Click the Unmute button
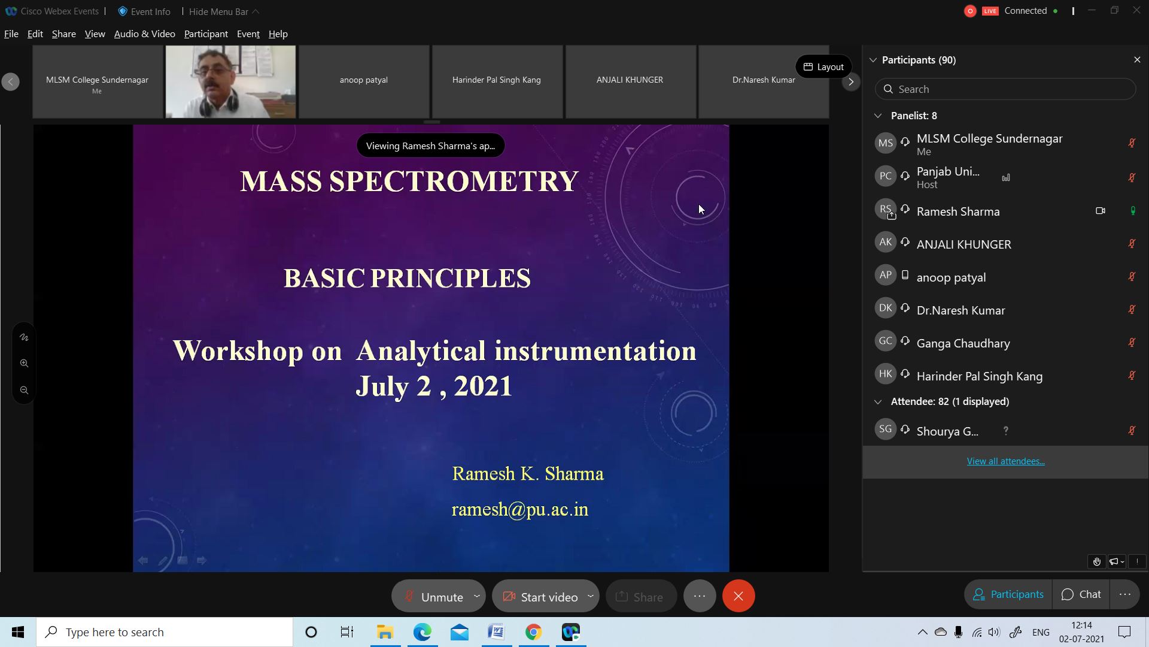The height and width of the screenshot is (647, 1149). coord(438,596)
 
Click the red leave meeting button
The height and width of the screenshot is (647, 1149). coord(738,596)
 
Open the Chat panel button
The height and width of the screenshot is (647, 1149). coord(1081,594)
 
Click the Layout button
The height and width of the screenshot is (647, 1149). coord(823,66)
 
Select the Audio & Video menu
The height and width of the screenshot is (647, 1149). coord(144,34)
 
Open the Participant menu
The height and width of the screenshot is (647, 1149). coord(206,34)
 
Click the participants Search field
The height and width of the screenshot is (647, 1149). coord(1005,89)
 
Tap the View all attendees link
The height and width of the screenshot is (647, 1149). coord(1005,461)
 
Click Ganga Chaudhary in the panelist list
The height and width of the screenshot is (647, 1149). coord(963,343)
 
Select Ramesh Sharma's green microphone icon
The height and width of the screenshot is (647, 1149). coord(1132,211)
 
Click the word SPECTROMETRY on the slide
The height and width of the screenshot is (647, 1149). coord(454,182)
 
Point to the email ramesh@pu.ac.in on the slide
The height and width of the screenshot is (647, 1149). coord(520,509)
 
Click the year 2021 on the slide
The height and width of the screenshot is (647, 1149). coord(483,386)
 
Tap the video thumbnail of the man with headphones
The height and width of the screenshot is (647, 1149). coord(230,81)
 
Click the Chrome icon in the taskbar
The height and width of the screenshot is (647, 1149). coord(533,632)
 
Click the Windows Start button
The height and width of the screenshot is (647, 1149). coord(18,632)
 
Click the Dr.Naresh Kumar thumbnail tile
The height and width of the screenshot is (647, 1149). coord(764,81)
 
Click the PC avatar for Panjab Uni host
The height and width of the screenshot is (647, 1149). coord(885,176)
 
